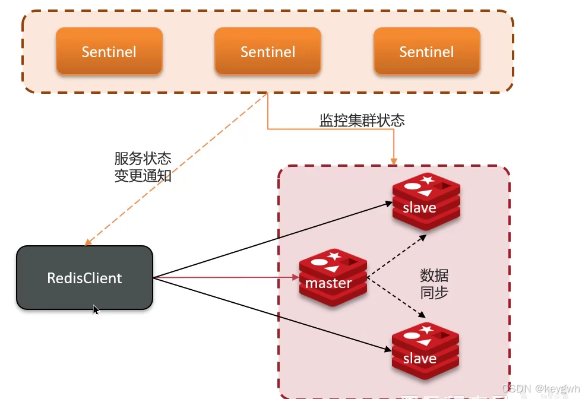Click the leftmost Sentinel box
(x=109, y=52)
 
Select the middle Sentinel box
(x=267, y=52)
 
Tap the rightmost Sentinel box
(x=426, y=52)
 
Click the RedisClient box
(x=84, y=278)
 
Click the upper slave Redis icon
(x=426, y=202)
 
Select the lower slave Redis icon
(x=426, y=353)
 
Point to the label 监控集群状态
(x=362, y=121)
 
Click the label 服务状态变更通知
(x=143, y=167)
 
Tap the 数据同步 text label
(x=434, y=284)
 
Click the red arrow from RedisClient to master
(x=226, y=277)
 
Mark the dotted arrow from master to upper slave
(x=397, y=256)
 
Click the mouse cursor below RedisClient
(x=96, y=309)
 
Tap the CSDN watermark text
(x=540, y=388)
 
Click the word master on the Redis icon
(x=328, y=283)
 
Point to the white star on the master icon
(x=334, y=256)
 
